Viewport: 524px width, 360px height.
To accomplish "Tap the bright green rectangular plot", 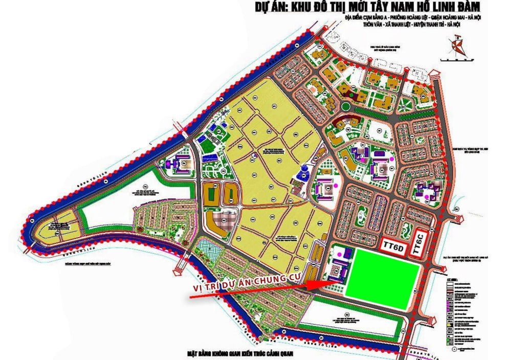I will [384, 278].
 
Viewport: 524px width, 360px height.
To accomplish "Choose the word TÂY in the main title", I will [394, 8].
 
